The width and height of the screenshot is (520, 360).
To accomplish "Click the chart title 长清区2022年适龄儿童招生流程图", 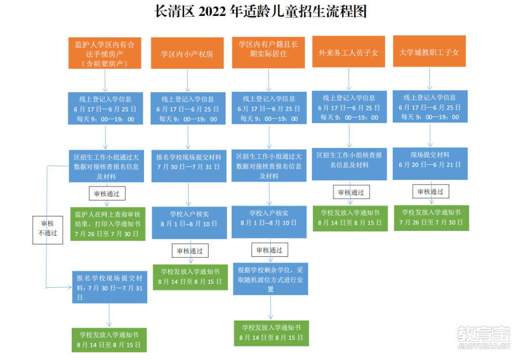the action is click(x=260, y=11).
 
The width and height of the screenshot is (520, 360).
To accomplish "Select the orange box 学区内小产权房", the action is click(x=187, y=53).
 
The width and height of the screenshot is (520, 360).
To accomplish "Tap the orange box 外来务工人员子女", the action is click(x=349, y=52).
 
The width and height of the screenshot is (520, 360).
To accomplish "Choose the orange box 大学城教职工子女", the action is click(x=429, y=51).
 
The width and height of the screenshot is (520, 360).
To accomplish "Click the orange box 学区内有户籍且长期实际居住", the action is click(x=268, y=53).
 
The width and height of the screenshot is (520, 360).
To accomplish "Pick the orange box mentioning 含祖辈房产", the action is click(x=105, y=53).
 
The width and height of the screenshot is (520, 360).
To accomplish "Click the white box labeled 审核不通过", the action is click(x=48, y=230).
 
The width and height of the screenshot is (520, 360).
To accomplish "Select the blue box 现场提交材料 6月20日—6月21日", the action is click(x=430, y=163).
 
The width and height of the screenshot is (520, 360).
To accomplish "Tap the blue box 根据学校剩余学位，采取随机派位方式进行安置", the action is click(x=271, y=279).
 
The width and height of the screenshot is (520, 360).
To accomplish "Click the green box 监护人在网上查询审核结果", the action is click(x=108, y=224).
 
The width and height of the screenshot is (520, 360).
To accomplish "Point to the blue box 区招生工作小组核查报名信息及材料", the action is click(x=349, y=164).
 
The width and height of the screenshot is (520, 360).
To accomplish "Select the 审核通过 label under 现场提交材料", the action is click(x=431, y=191).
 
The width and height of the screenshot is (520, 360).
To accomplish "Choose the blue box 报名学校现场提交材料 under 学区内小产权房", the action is click(x=189, y=166).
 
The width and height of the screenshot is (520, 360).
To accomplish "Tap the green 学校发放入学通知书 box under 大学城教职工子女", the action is click(x=431, y=218).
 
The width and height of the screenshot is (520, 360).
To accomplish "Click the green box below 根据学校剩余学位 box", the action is click(x=271, y=333).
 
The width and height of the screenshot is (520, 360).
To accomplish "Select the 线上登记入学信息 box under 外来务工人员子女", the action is click(x=349, y=107).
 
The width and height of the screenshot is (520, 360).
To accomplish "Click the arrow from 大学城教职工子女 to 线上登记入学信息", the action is click(x=430, y=78).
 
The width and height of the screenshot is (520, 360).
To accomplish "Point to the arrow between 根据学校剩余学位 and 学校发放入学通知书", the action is click(x=271, y=307).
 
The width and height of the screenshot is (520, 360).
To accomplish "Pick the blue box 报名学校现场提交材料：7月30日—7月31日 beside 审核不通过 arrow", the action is click(x=110, y=287).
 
